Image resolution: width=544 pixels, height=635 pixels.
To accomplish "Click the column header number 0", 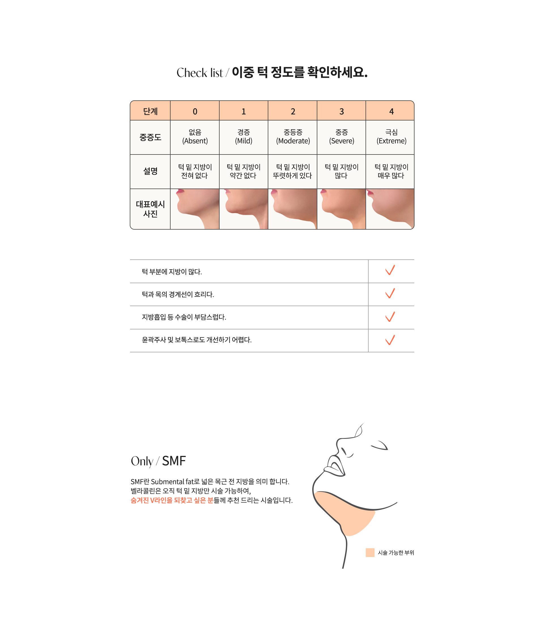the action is [x=195, y=112].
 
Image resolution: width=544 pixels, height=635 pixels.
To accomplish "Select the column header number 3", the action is [x=341, y=112].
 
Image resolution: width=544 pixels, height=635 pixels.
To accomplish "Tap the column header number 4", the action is [x=391, y=112].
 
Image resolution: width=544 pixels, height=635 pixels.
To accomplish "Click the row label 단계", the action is [x=150, y=111].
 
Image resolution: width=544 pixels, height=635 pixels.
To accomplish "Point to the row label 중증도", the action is [x=150, y=137].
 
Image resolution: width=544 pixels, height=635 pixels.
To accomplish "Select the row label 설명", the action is [x=150, y=171].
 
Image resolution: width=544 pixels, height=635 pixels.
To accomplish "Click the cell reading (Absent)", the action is [x=195, y=141].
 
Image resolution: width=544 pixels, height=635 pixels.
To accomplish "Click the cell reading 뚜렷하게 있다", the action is [x=292, y=175].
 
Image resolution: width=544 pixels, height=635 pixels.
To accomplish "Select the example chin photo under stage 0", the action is [x=195, y=209].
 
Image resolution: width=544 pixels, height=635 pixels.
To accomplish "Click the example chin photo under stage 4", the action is [x=390, y=209].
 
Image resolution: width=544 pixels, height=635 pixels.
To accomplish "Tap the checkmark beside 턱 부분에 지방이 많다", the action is [x=390, y=270].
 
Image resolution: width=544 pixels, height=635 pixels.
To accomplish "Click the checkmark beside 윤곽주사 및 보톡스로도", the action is [x=390, y=340].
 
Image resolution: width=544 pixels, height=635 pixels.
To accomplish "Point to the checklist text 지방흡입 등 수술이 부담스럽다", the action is [x=184, y=317].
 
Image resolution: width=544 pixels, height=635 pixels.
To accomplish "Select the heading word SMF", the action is [x=174, y=461].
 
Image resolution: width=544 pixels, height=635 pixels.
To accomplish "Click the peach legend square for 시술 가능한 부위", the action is [x=370, y=553].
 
